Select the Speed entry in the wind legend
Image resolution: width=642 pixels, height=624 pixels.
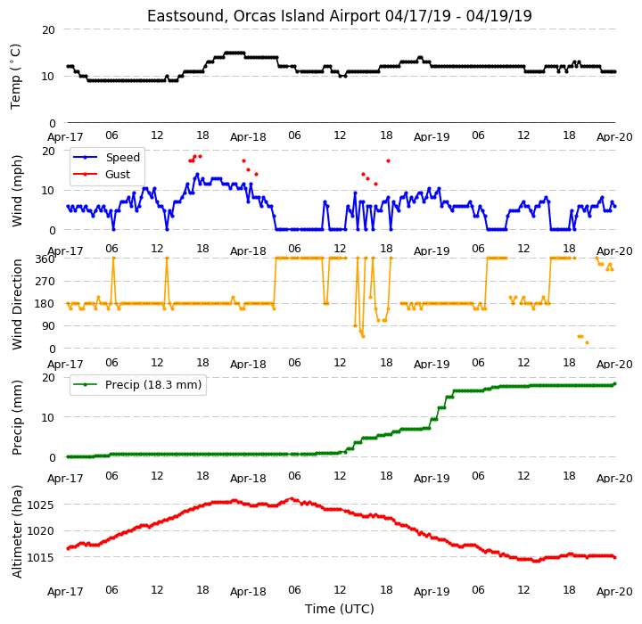123,157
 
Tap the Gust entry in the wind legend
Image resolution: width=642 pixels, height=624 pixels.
118,175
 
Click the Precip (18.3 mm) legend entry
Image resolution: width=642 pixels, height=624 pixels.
153,385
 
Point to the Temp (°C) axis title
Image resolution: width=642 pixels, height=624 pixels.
15,77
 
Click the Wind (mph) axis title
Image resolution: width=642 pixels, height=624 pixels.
17,191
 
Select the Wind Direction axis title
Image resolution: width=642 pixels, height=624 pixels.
17,304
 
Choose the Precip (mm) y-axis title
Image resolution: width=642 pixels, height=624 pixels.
17,418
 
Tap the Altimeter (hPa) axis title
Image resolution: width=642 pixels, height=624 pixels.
17,531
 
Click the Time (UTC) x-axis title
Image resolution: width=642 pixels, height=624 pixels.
340,609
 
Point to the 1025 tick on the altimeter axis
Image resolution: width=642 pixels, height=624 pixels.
40,505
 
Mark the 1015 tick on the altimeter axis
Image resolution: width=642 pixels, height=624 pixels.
40,558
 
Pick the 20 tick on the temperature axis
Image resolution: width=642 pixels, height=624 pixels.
48,30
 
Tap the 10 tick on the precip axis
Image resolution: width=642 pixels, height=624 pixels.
48,418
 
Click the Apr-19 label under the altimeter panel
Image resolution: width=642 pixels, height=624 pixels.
432,592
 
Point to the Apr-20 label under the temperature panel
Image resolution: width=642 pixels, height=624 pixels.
614,137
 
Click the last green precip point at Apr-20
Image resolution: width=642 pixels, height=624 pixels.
614,384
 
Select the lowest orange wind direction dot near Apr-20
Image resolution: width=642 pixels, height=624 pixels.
587,342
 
